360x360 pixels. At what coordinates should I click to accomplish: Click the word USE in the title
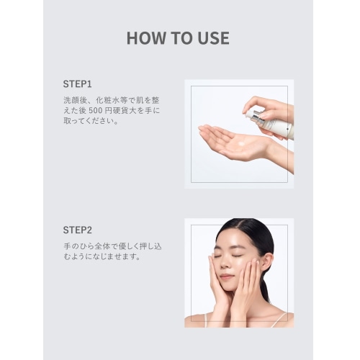pos(213,38)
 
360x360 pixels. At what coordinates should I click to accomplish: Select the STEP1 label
pos(77,84)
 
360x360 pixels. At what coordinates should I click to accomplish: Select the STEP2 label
pos(77,230)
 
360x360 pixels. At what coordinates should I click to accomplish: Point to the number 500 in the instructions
pos(96,111)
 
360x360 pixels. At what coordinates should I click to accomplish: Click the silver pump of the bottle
pos(254,117)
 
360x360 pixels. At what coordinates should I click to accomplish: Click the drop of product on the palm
pos(240,143)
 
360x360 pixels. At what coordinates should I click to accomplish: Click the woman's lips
pos(225,277)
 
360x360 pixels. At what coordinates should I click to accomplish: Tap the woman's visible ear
pos(267,261)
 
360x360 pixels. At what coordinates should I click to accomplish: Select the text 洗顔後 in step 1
pos(74,100)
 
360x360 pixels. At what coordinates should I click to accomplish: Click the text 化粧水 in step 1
pos(107,100)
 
